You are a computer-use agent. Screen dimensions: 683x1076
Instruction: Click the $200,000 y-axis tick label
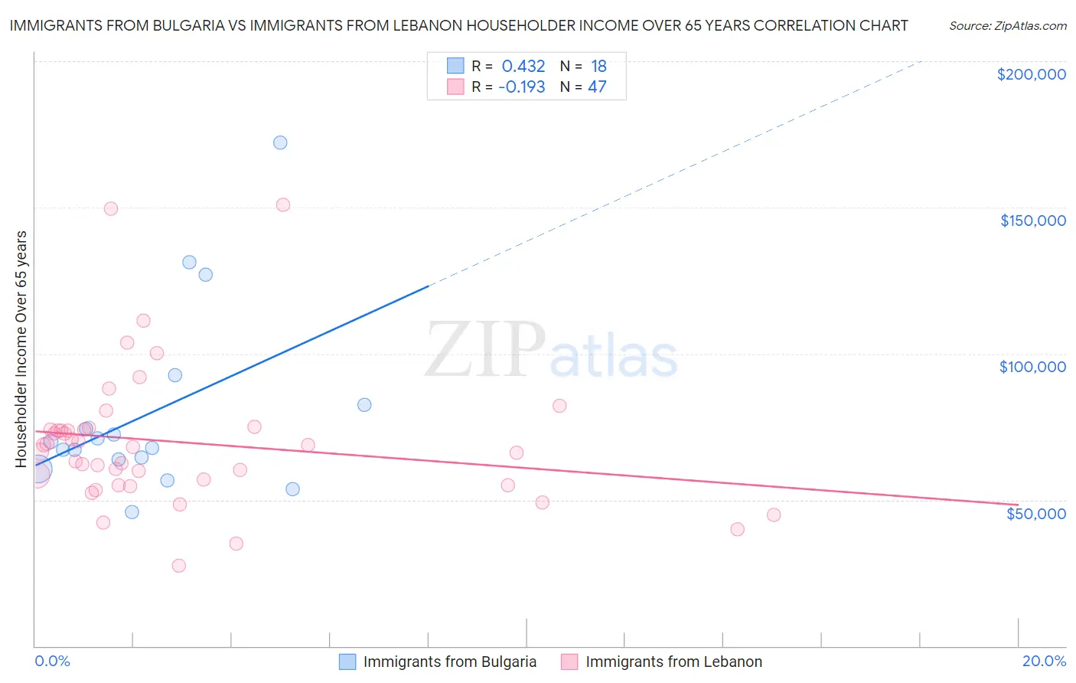(x=1031, y=74)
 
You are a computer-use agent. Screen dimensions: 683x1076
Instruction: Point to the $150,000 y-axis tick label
(x=1032, y=221)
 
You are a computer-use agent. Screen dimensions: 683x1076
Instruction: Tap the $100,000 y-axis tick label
(x=1032, y=367)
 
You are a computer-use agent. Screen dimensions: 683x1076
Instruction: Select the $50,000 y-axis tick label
(x=1035, y=513)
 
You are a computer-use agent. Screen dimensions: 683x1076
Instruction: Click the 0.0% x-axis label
(x=52, y=661)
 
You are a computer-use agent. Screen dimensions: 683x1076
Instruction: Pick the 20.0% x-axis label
(x=1044, y=661)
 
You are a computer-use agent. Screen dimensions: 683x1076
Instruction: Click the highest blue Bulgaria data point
(x=280, y=142)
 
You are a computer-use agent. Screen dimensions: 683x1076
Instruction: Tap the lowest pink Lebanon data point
(x=179, y=566)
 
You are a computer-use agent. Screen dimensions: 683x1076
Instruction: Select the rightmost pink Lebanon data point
(x=774, y=515)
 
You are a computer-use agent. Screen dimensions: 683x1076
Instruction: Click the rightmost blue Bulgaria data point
(x=364, y=405)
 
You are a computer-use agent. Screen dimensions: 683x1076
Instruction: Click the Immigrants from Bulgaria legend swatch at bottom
(x=347, y=662)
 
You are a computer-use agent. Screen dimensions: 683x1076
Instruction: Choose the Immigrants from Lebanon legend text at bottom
(x=673, y=662)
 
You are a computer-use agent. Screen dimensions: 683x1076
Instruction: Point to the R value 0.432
(x=523, y=67)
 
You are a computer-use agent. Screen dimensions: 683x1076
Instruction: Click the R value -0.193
(x=521, y=87)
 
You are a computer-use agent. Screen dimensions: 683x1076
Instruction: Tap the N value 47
(x=597, y=87)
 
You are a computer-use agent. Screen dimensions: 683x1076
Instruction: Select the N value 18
(x=598, y=67)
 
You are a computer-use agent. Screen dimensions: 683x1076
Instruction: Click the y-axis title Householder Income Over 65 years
(x=21, y=348)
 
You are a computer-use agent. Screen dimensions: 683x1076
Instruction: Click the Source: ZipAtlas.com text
(x=1007, y=26)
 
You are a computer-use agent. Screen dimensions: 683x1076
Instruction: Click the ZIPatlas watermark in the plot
(x=551, y=350)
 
